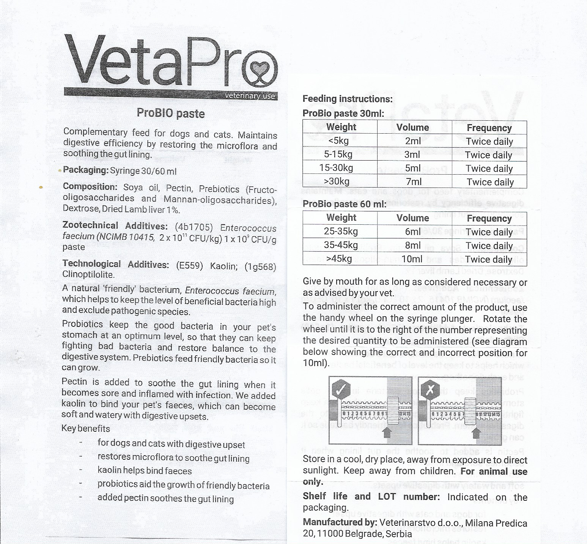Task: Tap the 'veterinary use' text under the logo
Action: [250, 96]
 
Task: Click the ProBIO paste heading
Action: [171, 113]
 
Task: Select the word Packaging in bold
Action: [86, 170]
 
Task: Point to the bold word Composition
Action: [90, 187]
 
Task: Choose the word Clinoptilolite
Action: [88, 274]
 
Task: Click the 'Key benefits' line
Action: [86, 429]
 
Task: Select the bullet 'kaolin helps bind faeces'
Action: [145, 471]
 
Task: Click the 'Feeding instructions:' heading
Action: [347, 99]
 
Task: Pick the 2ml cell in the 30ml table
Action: [413, 141]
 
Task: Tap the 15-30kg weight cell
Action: [336, 168]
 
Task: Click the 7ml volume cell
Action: [413, 182]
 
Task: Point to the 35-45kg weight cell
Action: [340, 245]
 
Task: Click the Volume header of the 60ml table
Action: [412, 218]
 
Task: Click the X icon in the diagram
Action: [430, 389]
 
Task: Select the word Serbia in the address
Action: [399, 534]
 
